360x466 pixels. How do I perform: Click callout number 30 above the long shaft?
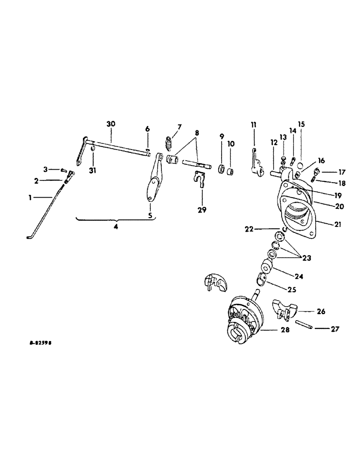pyautogui.click(x=111, y=124)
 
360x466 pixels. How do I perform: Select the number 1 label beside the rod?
pyautogui.click(x=30, y=198)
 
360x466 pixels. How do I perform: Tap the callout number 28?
pyautogui.click(x=285, y=330)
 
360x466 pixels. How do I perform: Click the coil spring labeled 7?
pyautogui.click(x=168, y=144)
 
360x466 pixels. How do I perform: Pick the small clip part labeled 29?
pyautogui.click(x=200, y=179)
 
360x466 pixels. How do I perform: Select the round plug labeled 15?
pyautogui.click(x=301, y=164)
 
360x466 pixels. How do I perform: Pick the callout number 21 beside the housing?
pyautogui.click(x=337, y=224)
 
